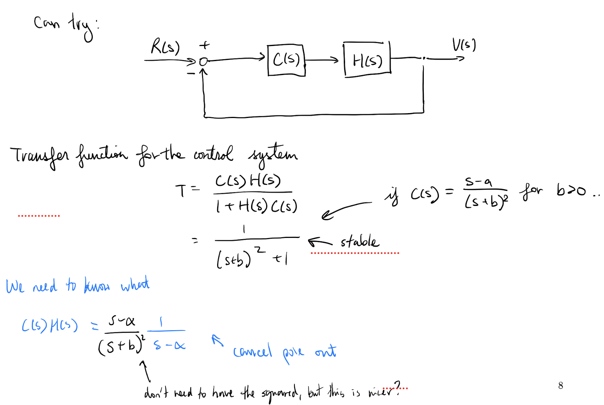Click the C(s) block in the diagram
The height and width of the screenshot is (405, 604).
[x=286, y=60]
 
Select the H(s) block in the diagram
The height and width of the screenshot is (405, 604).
[x=367, y=60]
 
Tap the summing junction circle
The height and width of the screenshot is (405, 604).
[x=203, y=61]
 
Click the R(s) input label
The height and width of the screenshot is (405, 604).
[x=165, y=47]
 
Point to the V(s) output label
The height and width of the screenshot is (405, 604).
[x=464, y=45]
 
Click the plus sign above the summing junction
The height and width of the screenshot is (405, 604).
[x=204, y=45]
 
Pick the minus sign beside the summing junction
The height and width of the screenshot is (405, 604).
[x=191, y=73]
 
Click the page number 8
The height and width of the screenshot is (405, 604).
[x=561, y=385]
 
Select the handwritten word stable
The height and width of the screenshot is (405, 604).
[x=359, y=241]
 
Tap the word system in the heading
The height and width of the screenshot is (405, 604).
[x=273, y=155]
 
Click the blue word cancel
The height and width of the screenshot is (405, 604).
[x=252, y=351]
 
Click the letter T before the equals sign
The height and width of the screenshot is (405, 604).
[x=181, y=190]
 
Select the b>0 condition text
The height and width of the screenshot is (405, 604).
[x=571, y=190]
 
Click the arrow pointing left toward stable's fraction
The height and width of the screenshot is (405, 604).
[x=320, y=242]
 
